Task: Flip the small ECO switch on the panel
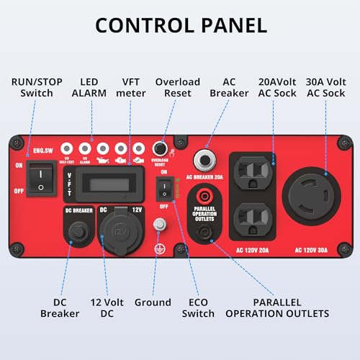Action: tap(163, 188)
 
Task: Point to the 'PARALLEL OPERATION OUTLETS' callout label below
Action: tap(276, 307)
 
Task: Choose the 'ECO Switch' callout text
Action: tap(198, 307)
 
